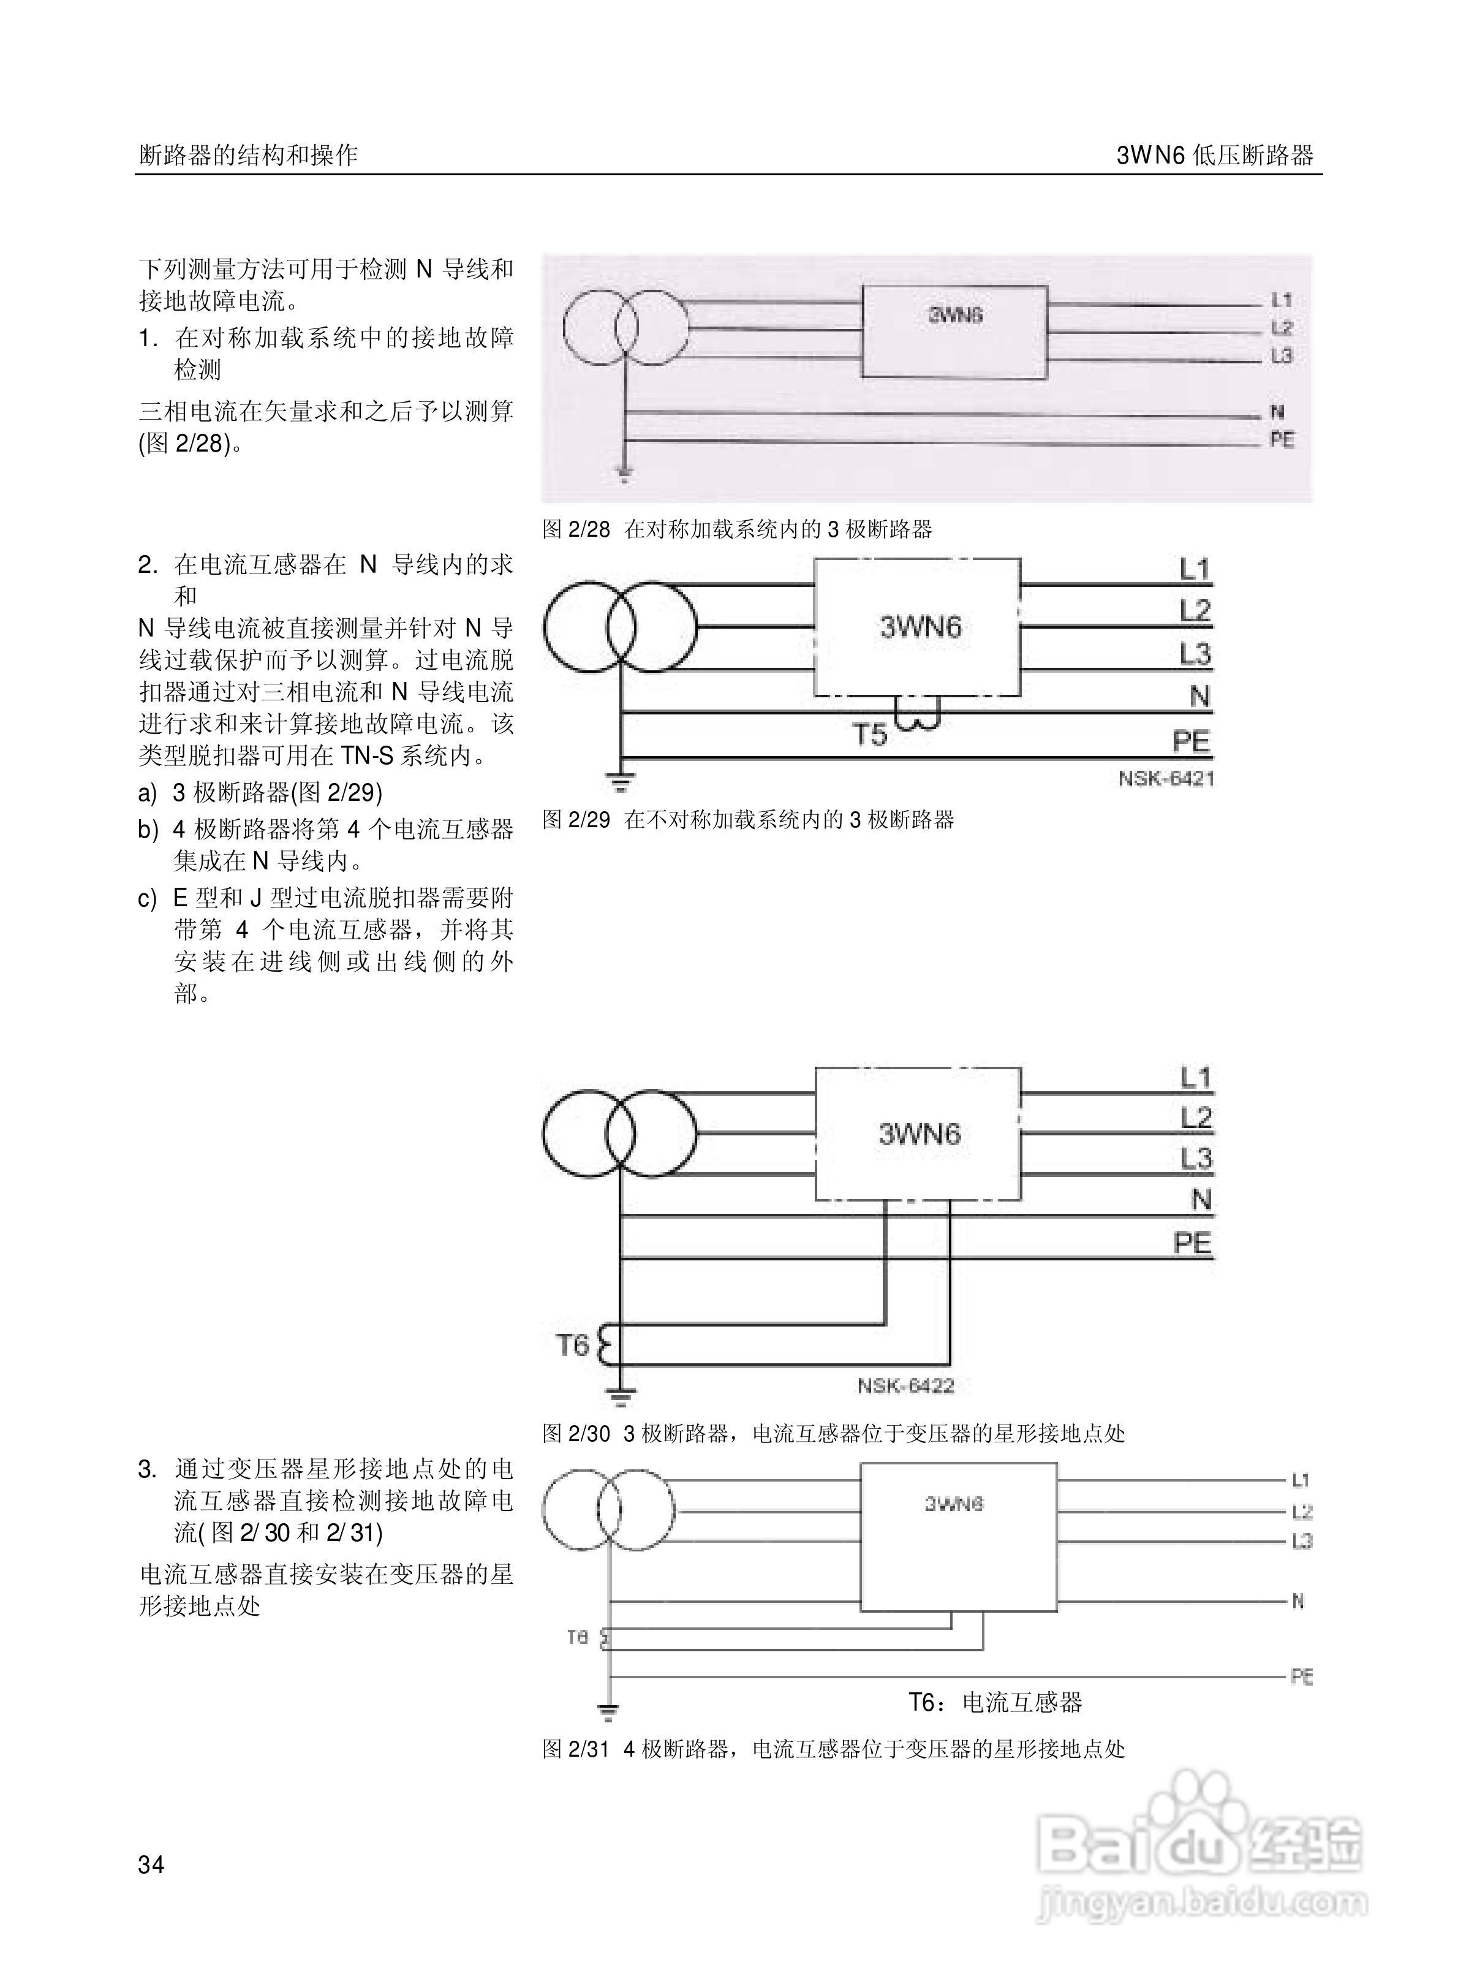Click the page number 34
coord(151,1864)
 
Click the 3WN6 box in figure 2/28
coord(954,332)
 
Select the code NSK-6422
coord(905,1385)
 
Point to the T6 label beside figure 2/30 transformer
coord(572,1345)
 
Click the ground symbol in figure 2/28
coord(624,477)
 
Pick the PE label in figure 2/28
coord(1282,439)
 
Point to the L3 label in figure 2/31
coord(1302,1542)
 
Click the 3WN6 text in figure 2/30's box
coord(919,1134)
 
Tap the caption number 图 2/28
coord(575,529)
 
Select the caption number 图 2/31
coord(575,1749)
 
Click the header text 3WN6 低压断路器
coord(1214,156)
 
